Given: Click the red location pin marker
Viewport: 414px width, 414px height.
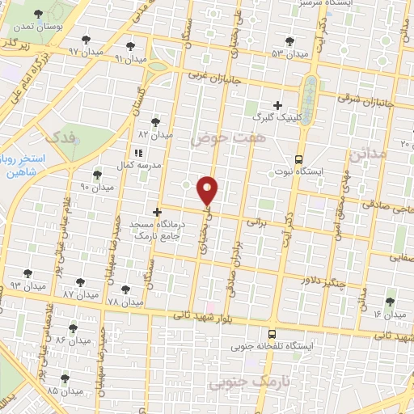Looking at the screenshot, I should [x=208, y=190].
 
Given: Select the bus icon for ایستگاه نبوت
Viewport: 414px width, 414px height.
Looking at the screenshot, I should [x=299, y=159].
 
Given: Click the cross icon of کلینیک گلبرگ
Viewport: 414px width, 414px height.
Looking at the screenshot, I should [x=277, y=105].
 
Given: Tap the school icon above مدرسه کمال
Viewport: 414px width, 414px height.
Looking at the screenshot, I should [x=137, y=151].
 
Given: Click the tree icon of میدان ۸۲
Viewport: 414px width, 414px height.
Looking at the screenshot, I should [x=155, y=121].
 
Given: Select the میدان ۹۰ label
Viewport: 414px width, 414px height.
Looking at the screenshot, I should [x=95, y=188].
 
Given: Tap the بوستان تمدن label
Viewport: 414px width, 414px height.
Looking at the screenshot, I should [x=37, y=26].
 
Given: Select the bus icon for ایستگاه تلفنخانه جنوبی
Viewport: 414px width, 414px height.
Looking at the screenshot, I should [x=271, y=333].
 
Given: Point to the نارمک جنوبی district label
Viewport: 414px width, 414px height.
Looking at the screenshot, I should [x=238, y=380].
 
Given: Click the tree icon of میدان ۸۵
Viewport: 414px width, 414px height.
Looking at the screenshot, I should [x=65, y=378].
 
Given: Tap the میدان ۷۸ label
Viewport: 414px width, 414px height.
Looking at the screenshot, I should [x=125, y=302].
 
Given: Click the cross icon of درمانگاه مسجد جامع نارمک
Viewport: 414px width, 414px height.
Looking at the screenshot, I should [x=168, y=212].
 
